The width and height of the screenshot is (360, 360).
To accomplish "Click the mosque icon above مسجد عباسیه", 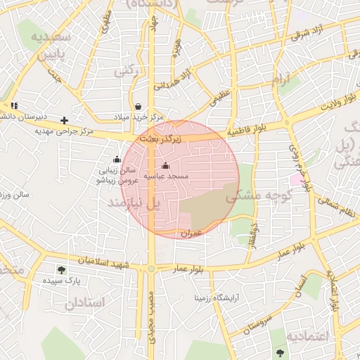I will pyautogui.click(x=165, y=166).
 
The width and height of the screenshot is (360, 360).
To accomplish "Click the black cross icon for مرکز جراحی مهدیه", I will pyautogui.click(x=65, y=120).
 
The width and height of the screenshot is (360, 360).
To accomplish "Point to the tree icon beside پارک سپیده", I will pyautogui.click(x=62, y=269).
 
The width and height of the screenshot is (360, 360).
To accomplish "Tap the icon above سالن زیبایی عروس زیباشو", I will pyautogui.click(x=117, y=160).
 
